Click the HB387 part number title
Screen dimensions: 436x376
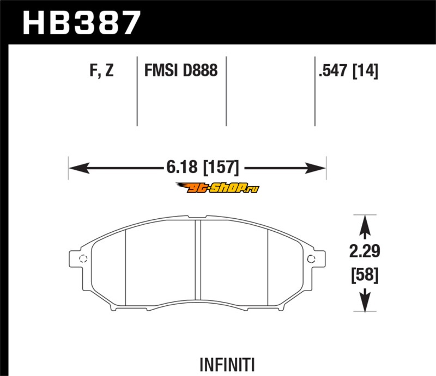tap(81, 23)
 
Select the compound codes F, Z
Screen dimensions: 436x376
tap(101, 70)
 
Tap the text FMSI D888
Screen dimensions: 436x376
tap(181, 70)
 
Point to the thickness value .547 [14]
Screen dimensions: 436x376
tap(349, 71)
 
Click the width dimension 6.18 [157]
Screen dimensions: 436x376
tap(203, 168)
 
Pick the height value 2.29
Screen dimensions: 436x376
tap(365, 251)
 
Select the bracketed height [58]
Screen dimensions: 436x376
tap(365, 275)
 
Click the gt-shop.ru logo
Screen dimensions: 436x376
tap(217, 188)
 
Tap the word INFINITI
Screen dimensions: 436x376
tap(227, 365)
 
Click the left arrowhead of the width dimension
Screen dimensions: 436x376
tap(79, 168)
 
